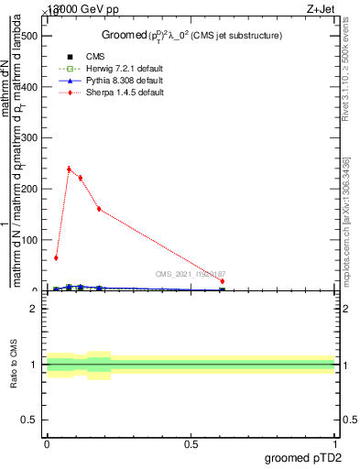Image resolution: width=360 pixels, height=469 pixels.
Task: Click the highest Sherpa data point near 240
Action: point(69,169)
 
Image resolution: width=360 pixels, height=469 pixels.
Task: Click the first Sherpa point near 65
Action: point(56,258)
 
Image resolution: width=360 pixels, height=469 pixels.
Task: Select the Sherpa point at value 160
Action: point(99,209)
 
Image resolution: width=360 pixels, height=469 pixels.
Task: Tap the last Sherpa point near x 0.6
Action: point(223,281)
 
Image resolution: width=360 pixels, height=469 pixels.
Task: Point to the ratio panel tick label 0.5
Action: point(29,420)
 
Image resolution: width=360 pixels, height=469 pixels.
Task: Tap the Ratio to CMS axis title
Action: point(14,365)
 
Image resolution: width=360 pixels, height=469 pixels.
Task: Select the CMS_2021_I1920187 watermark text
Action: point(191,275)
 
